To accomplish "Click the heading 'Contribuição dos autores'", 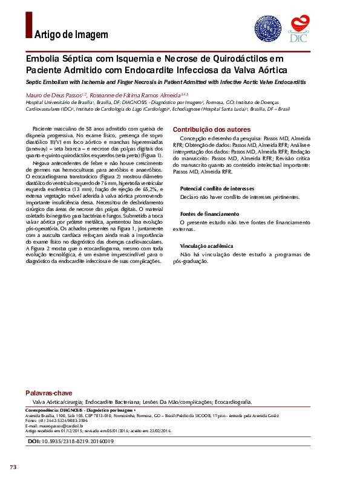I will [x=211, y=130].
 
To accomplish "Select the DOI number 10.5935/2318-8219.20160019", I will [x=77, y=442].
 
